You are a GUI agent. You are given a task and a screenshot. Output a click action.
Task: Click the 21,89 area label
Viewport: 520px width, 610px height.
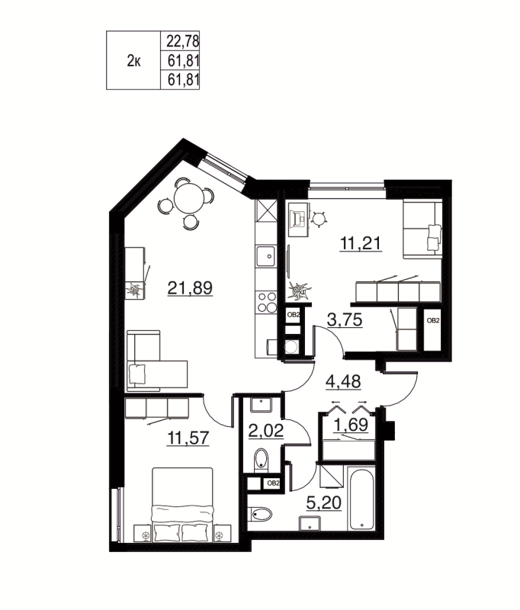tap(188, 287)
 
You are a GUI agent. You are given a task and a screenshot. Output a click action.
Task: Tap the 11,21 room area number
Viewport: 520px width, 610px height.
tap(360, 244)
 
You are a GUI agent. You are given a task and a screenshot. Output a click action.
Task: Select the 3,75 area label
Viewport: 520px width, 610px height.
tap(344, 319)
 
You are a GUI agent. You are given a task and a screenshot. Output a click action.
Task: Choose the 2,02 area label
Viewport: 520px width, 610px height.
tap(266, 431)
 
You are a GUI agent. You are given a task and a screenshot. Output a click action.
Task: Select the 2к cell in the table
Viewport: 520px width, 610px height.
tap(133, 61)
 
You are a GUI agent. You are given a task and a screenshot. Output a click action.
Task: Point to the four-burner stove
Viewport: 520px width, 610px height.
tap(266, 302)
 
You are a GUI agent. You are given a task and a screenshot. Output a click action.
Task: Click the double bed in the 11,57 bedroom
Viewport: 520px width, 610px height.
tap(182, 505)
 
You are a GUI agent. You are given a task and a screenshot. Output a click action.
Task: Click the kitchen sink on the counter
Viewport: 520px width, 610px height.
tap(265, 255)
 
